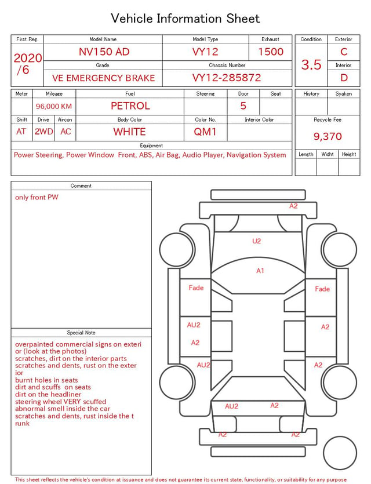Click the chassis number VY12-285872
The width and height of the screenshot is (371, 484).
[227, 78]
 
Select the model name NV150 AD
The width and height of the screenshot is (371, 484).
[104, 52]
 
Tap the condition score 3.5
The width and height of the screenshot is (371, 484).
[311, 65]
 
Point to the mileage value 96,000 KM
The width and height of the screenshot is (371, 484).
[54, 107]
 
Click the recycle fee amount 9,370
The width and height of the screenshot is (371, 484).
[328, 136]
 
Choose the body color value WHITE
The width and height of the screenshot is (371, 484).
[129, 132]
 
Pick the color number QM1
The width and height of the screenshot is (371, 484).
[205, 132]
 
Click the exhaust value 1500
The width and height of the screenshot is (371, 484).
[271, 52]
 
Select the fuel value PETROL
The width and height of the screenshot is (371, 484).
[130, 106]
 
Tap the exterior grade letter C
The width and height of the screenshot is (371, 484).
[344, 52]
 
